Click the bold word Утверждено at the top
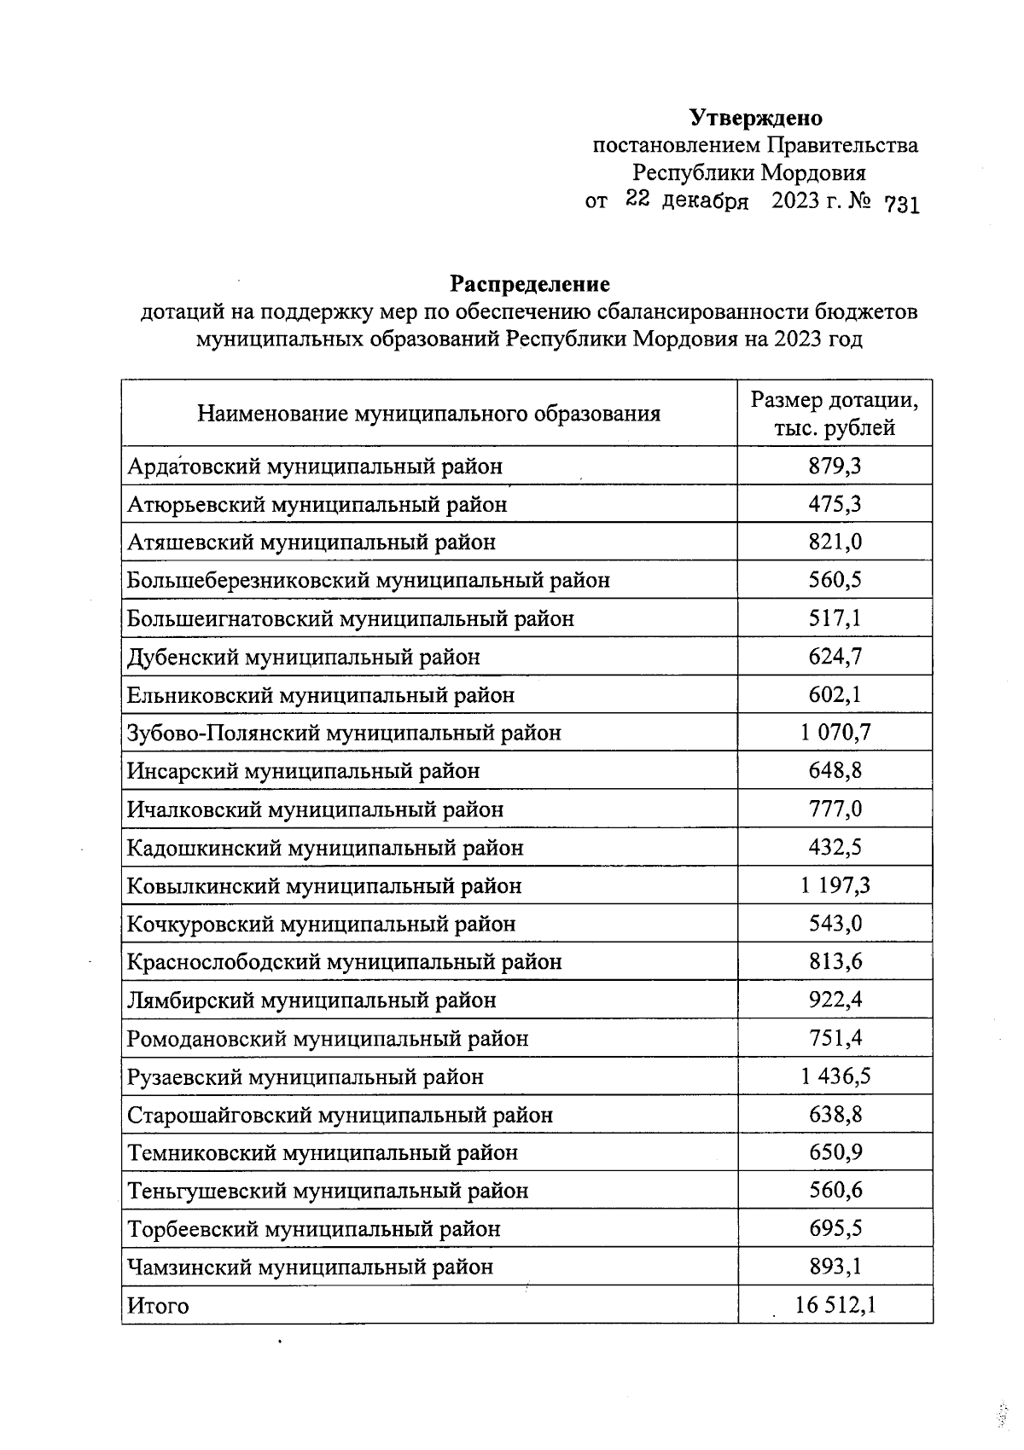pos(755,118)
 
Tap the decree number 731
pos(901,205)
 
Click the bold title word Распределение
pos(530,283)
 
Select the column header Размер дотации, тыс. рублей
pos(834,414)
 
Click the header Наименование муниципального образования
pos(428,415)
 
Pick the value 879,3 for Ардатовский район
pos(835,467)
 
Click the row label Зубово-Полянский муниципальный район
pos(344,733)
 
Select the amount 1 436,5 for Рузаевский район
pos(835,1076)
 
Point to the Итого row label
pos(158,1306)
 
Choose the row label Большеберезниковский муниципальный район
pos(368,581)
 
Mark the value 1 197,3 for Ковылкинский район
pos(835,885)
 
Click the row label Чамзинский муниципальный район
pos(310,1267)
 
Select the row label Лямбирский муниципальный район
pos(311,1000)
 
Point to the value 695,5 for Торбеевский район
pos(835,1229)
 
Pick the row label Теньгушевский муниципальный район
pos(328,1191)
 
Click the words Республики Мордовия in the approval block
pos(748,173)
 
